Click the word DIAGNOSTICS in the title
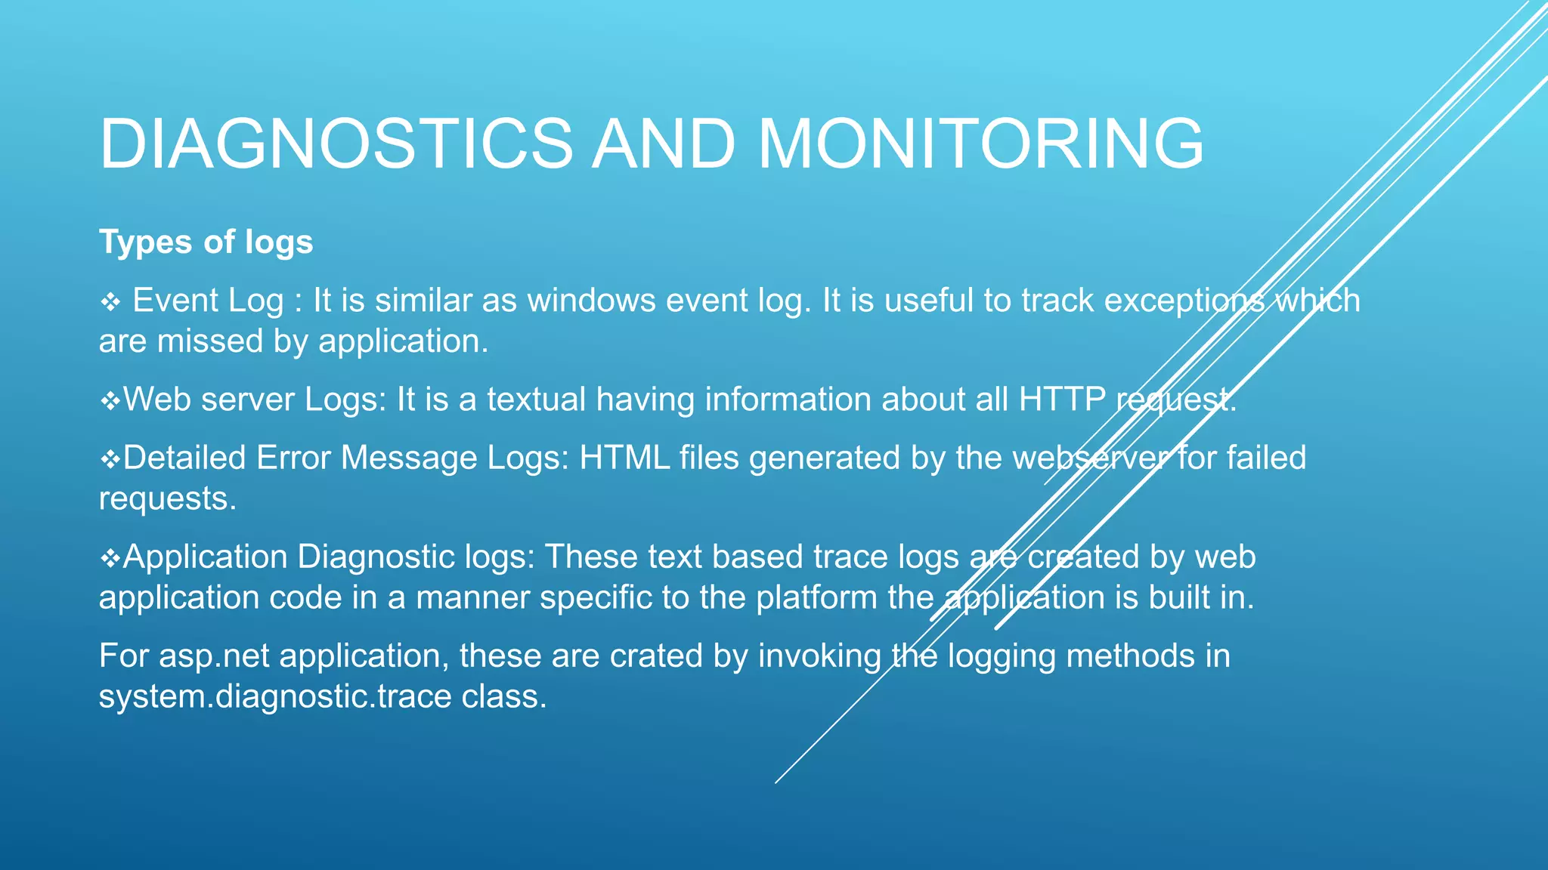[x=336, y=143]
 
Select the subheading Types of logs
[x=206, y=242]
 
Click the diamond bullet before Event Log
[x=110, y=303]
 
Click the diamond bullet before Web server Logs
[x=110, y=401]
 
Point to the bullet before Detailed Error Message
[x=110, y=459]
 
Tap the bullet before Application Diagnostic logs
[x=110, y=559]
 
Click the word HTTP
[x=1062, y=400]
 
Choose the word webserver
[x=1089, y=458]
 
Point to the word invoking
[x=819, y=656]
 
